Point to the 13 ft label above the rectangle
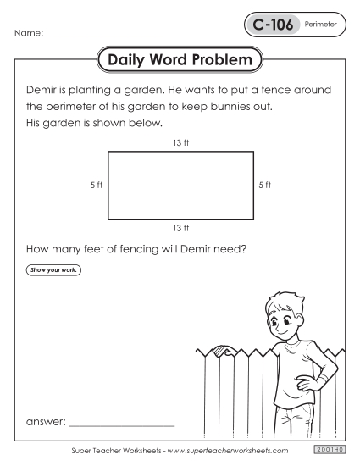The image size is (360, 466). [180, 142]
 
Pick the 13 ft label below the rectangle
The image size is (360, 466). [180, 228]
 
